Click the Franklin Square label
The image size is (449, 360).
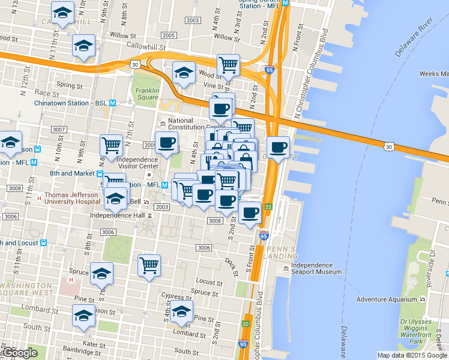tap(147, 94)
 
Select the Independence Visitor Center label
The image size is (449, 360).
tap(137, 164)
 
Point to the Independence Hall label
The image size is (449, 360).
tap(117, 215)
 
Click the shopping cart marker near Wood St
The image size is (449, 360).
tap(228, 64)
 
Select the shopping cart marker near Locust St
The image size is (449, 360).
tap(149, 265)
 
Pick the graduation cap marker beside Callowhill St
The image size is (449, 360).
tap(84, 45)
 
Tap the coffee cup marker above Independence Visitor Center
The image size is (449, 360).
tap(166, 143)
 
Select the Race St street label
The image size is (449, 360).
tap(43, 93)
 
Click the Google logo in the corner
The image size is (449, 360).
tap(20, 353)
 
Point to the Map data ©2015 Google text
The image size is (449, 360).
tap(412, 355)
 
